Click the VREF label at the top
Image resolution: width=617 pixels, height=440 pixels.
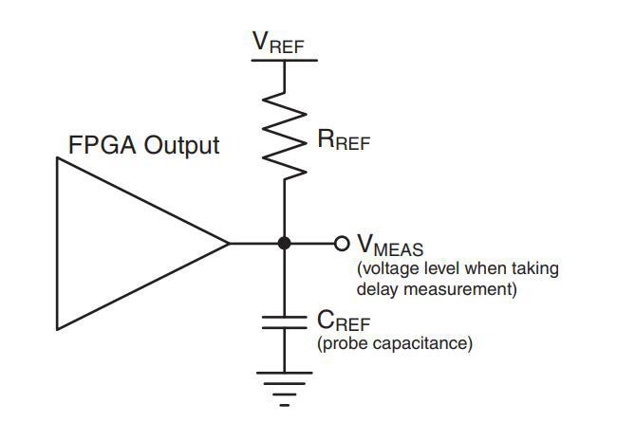point(278,42)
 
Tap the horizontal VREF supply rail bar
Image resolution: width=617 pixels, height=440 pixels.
point(284,60)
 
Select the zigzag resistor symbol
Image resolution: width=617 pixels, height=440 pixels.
point(284,137)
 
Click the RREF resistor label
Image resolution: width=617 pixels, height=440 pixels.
point(344,139)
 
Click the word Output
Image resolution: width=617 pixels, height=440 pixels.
point(181,145)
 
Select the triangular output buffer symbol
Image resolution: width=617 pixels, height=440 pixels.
point(142,244)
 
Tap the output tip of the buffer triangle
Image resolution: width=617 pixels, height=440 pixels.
point(229,244)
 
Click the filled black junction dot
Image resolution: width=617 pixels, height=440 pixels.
point(284,244)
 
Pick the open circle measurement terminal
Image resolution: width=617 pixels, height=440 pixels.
point(342,244)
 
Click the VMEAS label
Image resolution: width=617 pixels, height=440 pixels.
point(390,245)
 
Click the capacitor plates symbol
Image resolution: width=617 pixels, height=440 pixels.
point(284,322)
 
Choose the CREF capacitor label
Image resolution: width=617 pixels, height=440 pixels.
point(344,321)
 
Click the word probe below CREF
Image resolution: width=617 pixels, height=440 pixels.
point(343,343)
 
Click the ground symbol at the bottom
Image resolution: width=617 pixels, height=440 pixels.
point(284,389)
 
